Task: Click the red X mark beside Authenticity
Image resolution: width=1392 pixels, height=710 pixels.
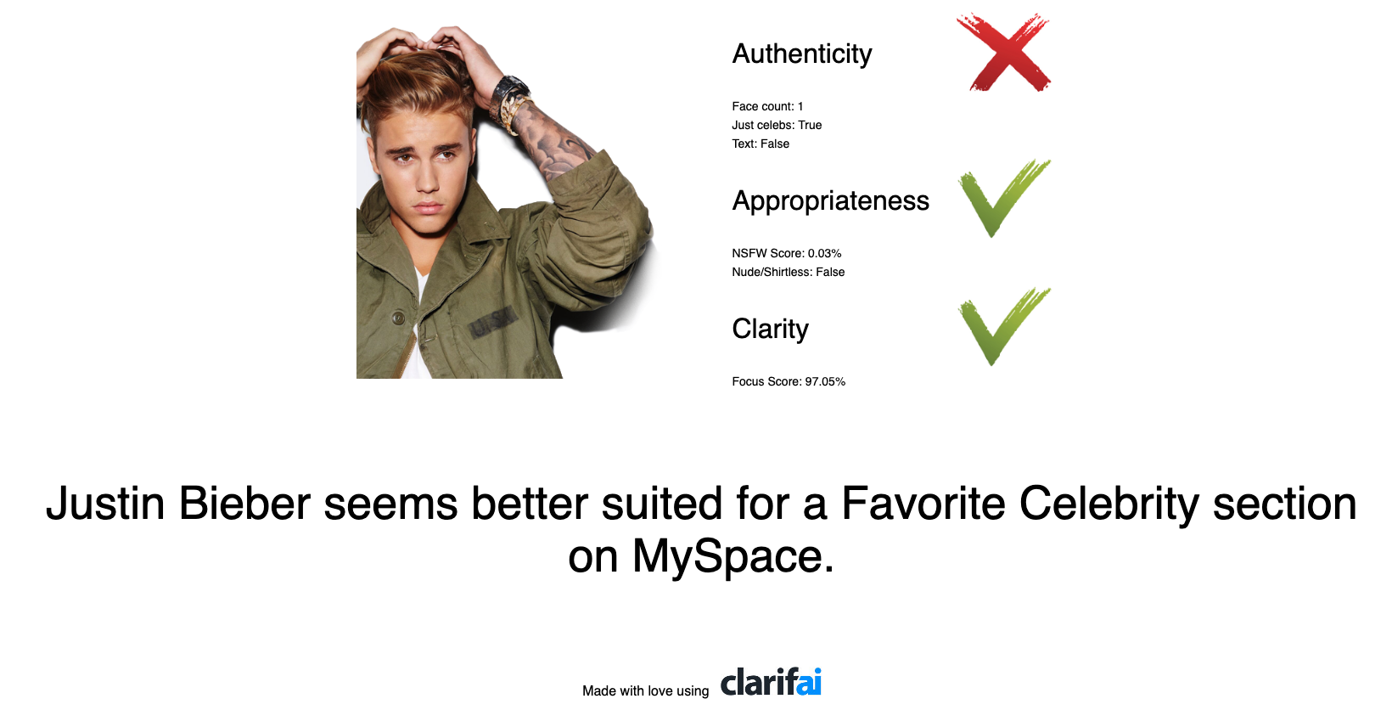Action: [1004, 53]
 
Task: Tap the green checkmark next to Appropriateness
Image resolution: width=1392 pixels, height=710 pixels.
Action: [1002, 198]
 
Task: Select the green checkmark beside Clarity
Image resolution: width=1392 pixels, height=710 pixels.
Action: [1002, 326]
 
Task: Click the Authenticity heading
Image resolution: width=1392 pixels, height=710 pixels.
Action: [802, 54]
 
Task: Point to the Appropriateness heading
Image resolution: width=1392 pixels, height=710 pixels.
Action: [830, 201]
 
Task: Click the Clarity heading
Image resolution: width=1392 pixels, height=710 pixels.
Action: [770, 330]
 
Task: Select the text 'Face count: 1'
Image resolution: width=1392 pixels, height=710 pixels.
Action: [767, 106]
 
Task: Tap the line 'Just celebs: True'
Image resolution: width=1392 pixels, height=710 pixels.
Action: [777, 125]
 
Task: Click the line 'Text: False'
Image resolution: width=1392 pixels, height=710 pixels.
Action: [761, 144]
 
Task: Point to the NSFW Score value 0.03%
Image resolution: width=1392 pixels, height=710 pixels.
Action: [824, 253]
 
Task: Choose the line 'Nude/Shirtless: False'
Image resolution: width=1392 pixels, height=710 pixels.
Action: [788, 272]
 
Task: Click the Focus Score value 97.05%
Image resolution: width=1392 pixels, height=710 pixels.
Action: [825, 381]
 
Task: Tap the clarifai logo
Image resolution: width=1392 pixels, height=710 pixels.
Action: [771, 682]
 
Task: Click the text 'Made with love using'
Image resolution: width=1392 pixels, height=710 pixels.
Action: [645, 690]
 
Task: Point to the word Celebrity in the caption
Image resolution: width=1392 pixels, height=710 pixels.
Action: [1109, 504]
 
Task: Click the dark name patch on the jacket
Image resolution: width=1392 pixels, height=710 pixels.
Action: [493, 322]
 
